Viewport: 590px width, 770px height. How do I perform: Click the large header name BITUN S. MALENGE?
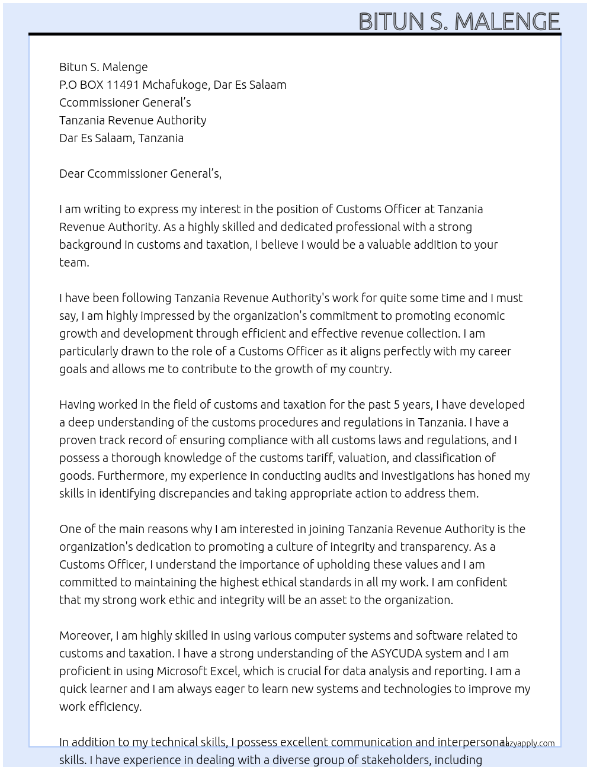[x=459, y=21]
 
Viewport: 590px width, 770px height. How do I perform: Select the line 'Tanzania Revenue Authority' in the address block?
[x=133, y=120]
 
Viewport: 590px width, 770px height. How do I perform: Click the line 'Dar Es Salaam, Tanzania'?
[x=121, y=138]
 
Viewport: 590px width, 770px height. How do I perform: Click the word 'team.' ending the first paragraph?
[x=74, y=262]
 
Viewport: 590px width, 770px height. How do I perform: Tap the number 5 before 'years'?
[x=397, y=405]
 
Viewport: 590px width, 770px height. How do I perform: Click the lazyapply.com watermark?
[x=527, y=743]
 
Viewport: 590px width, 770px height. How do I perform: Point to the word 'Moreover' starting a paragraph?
[x=85, y=636]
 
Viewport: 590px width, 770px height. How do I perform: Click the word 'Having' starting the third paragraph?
[x=77, y=405]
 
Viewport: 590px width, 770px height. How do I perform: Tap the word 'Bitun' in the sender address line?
[x=73, y=67]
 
